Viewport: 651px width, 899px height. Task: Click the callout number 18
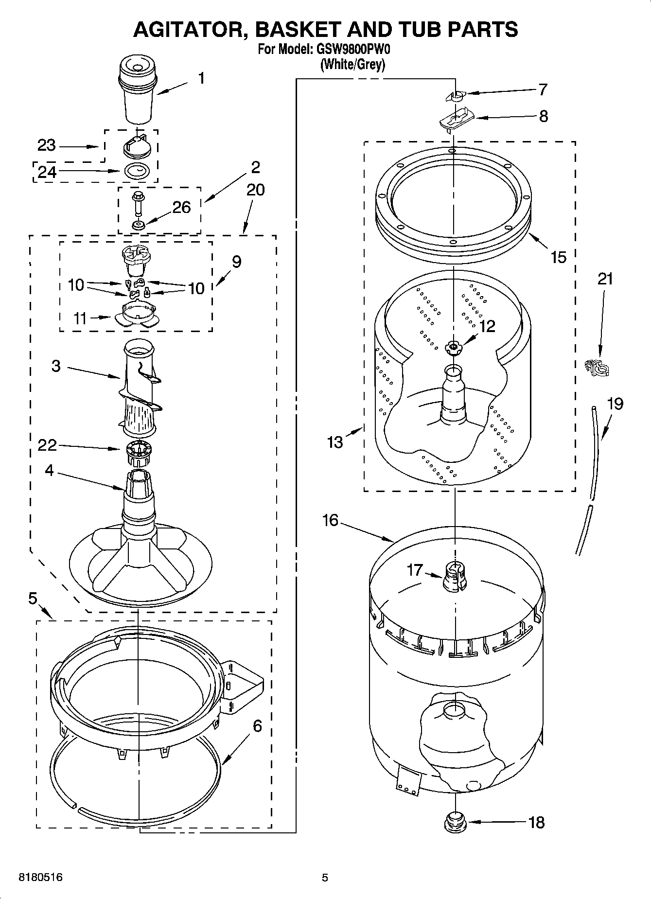pyautogui.click(x=536, y=823)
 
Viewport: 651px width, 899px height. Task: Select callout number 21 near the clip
pyautogui.click(x=605, y=279)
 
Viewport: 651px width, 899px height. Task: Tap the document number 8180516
pyautogui.click(x=40, y=878)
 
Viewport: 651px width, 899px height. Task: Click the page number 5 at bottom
pyautogui.click(x=325, y=878)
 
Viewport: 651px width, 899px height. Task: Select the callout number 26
pyautogui.click(x=181, y=207)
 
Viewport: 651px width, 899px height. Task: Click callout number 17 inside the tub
pyautogui.click(x=415, y=569)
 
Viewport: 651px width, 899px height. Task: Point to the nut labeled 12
pyautogui.click(x=453, y=346)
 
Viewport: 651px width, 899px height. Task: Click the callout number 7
pyautogui.click(x=543, y=89)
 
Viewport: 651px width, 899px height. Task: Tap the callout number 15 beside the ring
pyautogui.click(x=558, y=257)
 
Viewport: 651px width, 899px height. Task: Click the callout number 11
pyautogui.click(x=80, y=318)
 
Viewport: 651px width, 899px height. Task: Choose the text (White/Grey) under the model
pyautogui.click(x=352, y=64)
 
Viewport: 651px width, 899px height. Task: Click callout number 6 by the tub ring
pyautogui.click(x=257, y=726)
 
